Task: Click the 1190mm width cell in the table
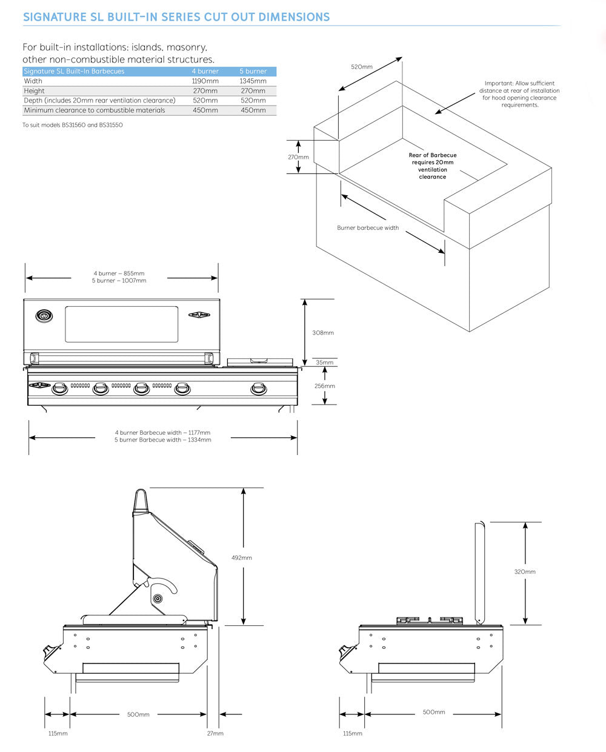coord(205,81)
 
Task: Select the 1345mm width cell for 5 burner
coord(253,81)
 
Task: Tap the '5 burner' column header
coord(253,72)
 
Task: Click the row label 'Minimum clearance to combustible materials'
coord(95,110)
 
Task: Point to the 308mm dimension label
coord(322,333)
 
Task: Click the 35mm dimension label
coord(324,363)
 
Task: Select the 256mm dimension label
coord(324,386)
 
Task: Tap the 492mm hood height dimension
coord(241,557)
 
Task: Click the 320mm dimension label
coord(525,572)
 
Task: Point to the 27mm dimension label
coord(215,733)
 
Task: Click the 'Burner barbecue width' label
coord(368,228)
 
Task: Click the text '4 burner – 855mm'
coord(119,274)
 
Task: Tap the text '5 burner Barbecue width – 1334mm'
coord(162,440)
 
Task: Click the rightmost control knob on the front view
coord(258,388)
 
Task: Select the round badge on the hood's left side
coord(44,315)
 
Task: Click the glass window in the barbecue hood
coord(122,324)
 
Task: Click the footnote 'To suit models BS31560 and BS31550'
coord(72,125)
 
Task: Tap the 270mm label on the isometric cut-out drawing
coord(298,157)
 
